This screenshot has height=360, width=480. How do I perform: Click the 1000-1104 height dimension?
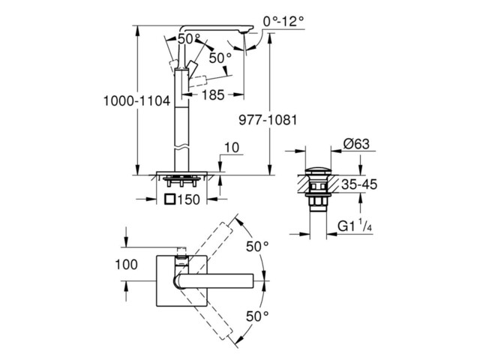click(136, 100)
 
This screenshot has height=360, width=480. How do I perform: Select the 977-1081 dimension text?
click(268, 120)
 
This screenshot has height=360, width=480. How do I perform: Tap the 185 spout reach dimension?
click(213, 95)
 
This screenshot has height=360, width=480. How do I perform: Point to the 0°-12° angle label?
click(283, 21)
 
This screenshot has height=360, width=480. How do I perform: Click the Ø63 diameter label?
click(356, 143)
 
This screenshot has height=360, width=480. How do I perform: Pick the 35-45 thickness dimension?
click(359, 184)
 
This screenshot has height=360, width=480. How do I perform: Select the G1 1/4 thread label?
click(355, 226)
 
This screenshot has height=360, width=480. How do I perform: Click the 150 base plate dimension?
click(188, 199)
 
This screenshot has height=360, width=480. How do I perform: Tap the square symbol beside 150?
click(170, 199)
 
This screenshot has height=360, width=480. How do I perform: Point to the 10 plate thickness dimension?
click(232, 147)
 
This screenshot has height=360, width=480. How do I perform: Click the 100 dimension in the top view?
click(126, 264)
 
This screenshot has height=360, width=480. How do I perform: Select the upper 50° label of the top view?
click(257, 246)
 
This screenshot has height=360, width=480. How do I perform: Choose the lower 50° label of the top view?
click(257, 316)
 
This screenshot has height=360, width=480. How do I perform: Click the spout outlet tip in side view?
click(244, 31)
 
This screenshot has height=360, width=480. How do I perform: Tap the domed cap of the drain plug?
click(318, 170)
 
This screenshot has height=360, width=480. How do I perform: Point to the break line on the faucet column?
click(181, 147)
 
